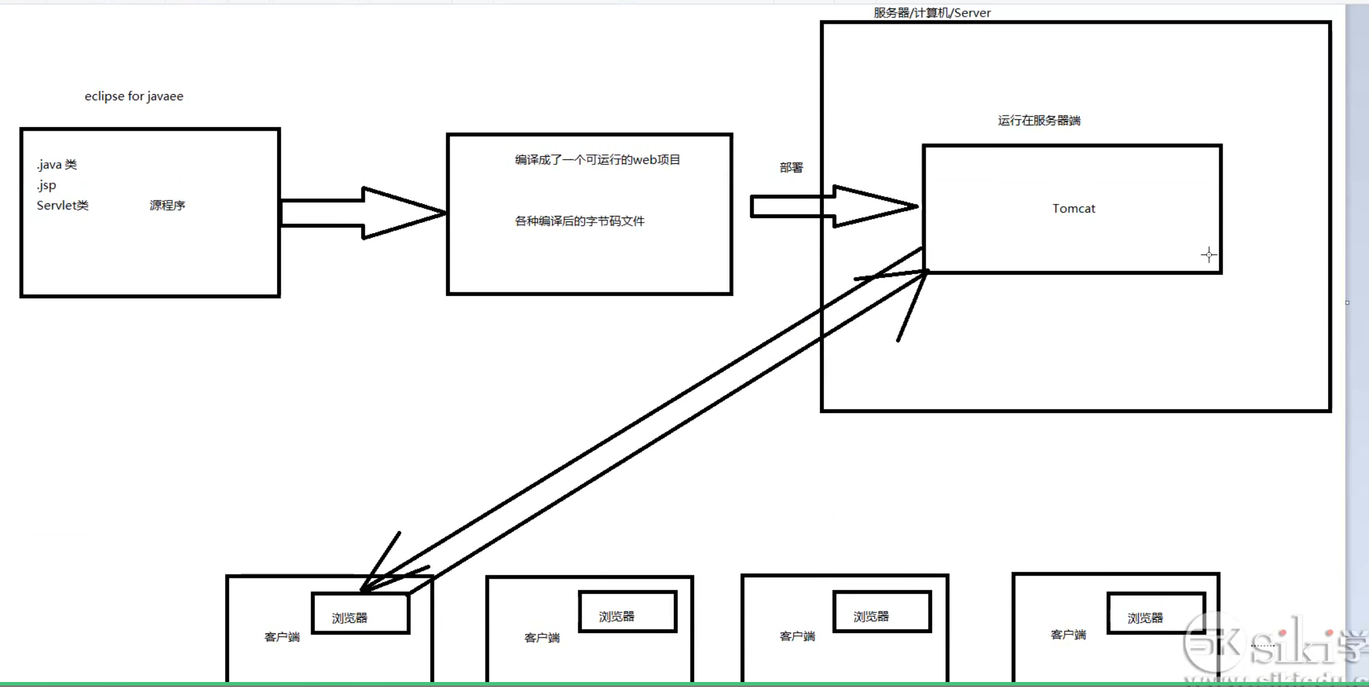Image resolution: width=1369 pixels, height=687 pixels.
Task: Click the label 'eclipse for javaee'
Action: (x=134, y=96)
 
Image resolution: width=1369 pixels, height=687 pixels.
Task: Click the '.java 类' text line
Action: (x=57, y=165)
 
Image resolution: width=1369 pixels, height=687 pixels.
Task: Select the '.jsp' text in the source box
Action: (x=47, y=185)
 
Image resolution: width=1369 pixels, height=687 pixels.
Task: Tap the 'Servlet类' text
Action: (x=63, y=205)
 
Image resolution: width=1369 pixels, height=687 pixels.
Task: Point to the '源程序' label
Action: (x=167, y=205)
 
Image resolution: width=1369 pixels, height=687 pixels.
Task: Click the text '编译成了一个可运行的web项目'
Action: (x=597, y=159)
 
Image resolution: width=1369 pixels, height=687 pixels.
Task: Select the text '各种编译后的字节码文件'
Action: (x=579, y=221)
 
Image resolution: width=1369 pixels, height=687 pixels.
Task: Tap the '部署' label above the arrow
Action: (x=791, y=167)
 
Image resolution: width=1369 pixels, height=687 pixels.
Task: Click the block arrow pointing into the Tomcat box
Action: (x=834, y=206)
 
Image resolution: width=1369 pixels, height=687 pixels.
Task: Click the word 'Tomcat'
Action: (x=1074, y=208)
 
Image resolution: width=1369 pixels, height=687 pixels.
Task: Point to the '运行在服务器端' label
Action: (x=1039, y=121)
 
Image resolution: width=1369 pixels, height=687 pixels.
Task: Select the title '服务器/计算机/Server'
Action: (x=932, y=13)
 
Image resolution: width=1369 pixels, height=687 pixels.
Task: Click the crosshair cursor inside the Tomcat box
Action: (x=1208, y=255)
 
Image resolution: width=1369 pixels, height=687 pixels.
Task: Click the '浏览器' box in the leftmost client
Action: (x=361, y=614)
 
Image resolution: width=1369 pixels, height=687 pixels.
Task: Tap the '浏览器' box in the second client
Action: (x=627, y=611)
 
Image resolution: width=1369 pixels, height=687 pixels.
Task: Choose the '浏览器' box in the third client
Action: (x=882, y=611)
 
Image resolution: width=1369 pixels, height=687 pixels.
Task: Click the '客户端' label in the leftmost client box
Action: (x=282, y=637)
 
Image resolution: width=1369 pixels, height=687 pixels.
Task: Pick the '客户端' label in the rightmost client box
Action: (x=1068, y=634)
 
